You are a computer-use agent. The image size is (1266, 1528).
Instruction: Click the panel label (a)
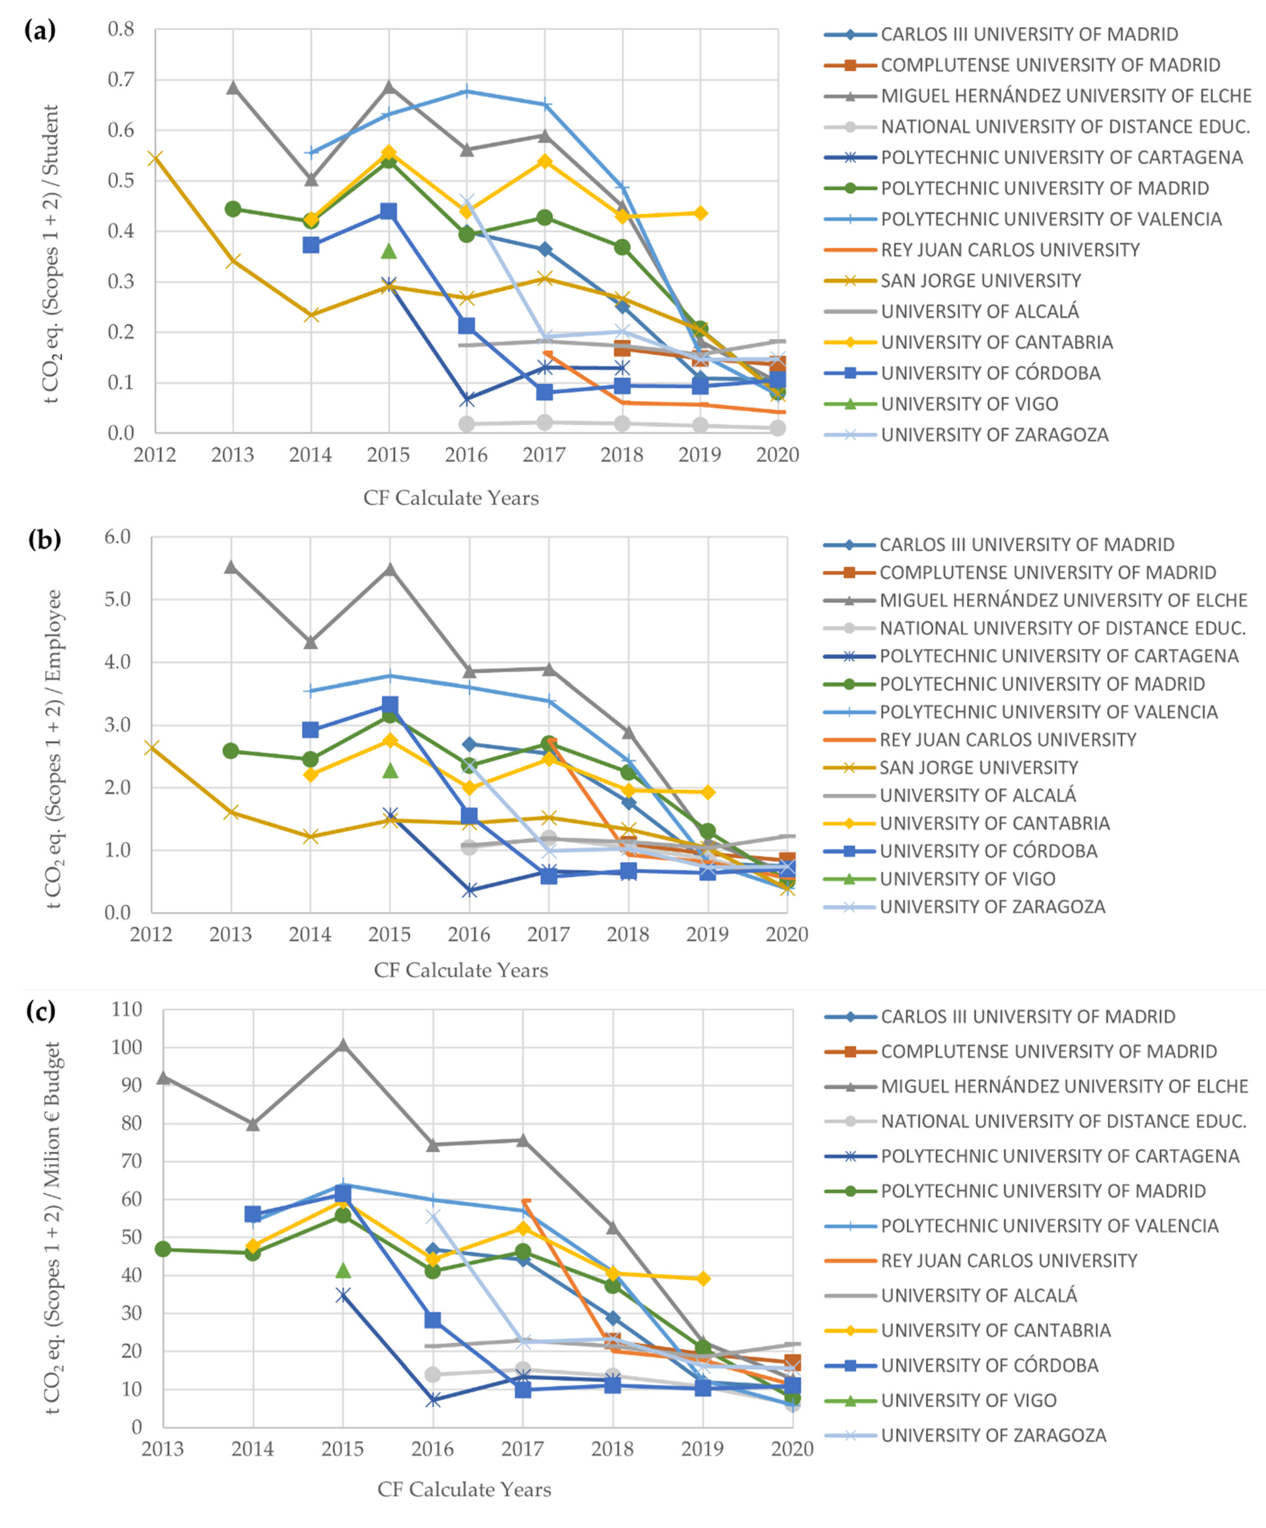pos(40,31)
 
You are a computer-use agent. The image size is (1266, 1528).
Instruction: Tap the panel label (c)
pos(40,1011)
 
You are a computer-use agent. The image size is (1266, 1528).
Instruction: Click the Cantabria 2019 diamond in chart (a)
pos(700,213)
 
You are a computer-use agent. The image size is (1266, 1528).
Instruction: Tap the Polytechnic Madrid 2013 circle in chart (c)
pos(163,1249)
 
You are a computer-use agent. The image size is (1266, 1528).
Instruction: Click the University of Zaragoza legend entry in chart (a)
pos(994,435)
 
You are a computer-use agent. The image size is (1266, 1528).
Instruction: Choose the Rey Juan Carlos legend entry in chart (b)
pos(1007,740)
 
